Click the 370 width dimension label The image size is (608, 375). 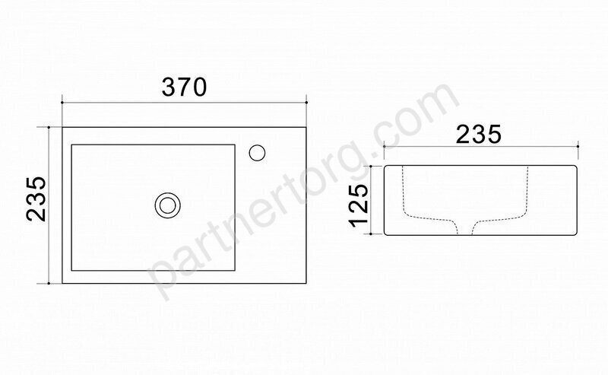click(x=184, y=87)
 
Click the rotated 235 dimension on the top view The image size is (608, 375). click(x=36, y=199)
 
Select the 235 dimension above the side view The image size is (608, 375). click(x=479, y=135)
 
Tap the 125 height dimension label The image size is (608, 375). click(x=358, y=205)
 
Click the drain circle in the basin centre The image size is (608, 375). click(x=167, y=205)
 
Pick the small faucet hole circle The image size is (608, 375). click(x=257, y=153)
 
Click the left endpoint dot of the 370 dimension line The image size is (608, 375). click(x=62, y=103)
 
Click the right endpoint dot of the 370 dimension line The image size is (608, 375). click(x=306, y=103)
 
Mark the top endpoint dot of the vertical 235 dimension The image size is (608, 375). click(x=49, y=127)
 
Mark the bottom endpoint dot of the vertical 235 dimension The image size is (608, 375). click(x=49, y=284)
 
